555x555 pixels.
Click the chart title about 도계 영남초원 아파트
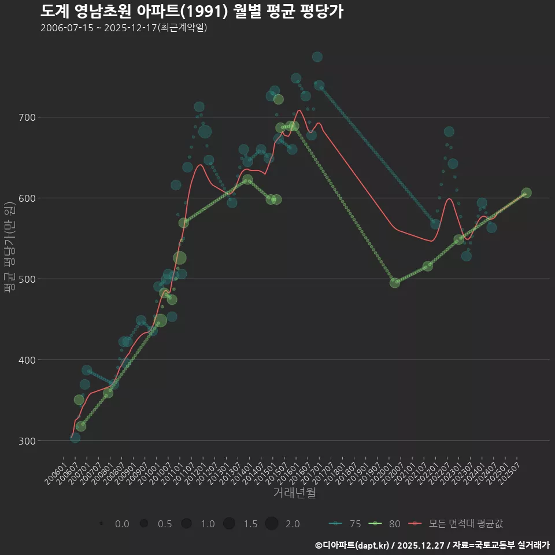point(192,12)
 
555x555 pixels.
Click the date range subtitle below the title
point(124,28)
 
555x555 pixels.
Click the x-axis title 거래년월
point(294,493)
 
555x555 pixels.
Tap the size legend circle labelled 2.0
point(272,524)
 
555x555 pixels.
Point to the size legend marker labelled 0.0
point(101,524)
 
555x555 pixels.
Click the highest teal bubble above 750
point(317,57)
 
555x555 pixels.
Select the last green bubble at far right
point(526,193)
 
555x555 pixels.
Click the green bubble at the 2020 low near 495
point(395,283)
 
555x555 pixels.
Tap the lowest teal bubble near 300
point(75,438)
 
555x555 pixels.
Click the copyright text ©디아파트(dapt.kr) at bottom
point(353,545)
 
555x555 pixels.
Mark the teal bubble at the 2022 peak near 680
point(449,132)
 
